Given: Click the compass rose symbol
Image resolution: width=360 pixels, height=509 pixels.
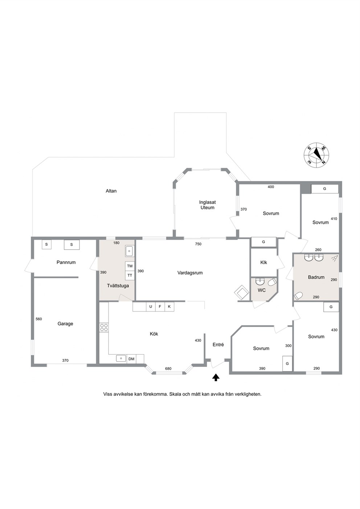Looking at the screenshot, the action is (316, 155).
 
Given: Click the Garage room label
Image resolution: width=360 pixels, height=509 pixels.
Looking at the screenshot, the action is (65, 324).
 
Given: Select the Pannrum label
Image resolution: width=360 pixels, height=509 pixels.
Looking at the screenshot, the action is (66, 262).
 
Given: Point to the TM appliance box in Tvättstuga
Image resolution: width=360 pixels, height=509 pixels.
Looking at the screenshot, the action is (130, 266).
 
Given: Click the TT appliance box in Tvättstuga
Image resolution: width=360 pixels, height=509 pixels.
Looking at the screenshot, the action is (130, 275).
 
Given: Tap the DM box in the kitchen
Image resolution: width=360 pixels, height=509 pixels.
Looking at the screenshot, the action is (131, 359).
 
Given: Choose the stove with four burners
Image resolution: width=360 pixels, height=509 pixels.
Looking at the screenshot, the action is (104, 328).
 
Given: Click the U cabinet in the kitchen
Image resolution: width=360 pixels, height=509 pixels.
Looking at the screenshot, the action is (151, 307).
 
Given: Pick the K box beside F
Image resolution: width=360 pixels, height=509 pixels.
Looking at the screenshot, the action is (169, 307).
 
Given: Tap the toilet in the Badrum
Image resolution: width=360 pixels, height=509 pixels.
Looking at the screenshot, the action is (298, 296).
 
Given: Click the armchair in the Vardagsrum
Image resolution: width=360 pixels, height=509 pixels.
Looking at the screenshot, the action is (241, 292).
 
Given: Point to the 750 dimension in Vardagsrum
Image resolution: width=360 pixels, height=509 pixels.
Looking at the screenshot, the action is (198, 244).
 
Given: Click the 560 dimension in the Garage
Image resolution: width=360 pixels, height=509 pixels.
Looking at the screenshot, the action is (39, 319).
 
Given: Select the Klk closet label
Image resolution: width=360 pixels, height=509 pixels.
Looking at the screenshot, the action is (263, 262).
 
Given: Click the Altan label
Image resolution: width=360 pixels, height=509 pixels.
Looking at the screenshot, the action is (111, 191).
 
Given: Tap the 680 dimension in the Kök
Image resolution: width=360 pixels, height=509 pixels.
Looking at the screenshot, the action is (168, 369).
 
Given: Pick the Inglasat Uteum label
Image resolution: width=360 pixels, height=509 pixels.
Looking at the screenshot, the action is (207, 205).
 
